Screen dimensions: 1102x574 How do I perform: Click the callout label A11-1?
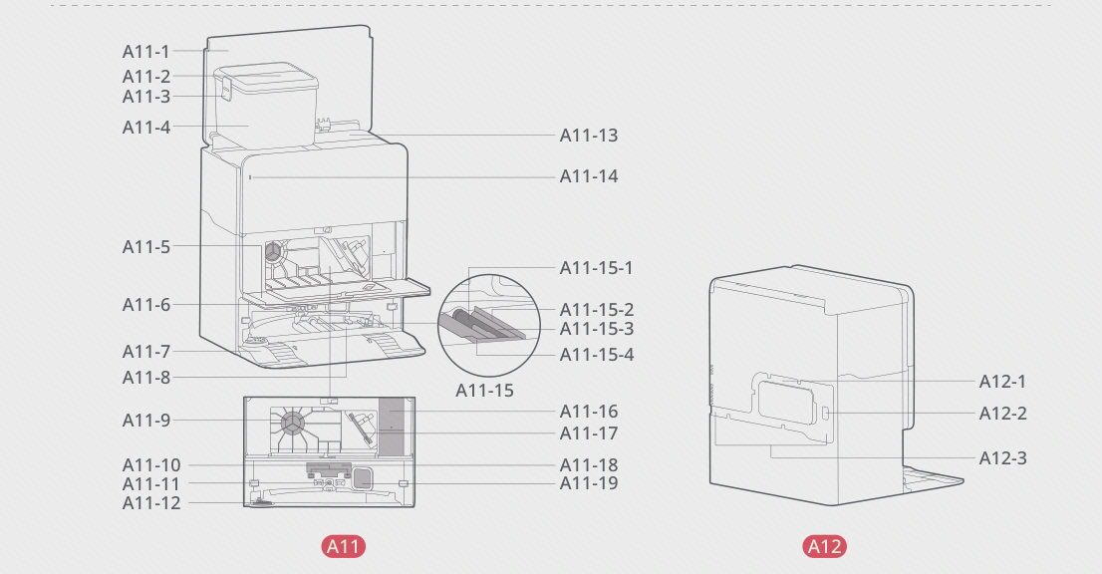[x=146, y=51]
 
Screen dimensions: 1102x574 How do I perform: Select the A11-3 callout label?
[x=146, y=97]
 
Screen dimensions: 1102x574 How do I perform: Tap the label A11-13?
[x=588, y=135]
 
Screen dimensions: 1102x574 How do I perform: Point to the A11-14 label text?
[x=588, y=176]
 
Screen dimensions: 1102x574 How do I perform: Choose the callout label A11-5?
[x=146, y=246]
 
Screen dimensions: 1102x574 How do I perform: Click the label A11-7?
[x=146, y=352]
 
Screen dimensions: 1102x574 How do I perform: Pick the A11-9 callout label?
[x=146, y=421]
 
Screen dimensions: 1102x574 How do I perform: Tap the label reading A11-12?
[x=151, y=503]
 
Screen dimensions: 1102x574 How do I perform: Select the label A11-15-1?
[x=596, y=268]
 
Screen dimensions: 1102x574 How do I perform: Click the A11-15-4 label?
[x=597, y=355]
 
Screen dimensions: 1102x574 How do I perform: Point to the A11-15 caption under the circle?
[x=484, y=391]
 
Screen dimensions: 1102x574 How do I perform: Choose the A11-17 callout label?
[x=588, y=433]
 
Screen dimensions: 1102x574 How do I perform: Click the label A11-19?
[x=588, y=483]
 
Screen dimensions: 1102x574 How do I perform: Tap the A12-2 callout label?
[x=1003, y=414]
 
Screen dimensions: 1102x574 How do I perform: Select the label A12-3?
[x=1003, y=458]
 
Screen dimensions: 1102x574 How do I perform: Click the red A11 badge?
[x=344, y=547]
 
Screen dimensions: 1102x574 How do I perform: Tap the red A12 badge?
[x=824, y=547]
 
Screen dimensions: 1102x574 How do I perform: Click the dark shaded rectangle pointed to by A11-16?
[x=392, y=427]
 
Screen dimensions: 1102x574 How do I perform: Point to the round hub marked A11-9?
[x=292, y=423]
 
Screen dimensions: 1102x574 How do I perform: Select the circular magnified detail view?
[x=489, y=325]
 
